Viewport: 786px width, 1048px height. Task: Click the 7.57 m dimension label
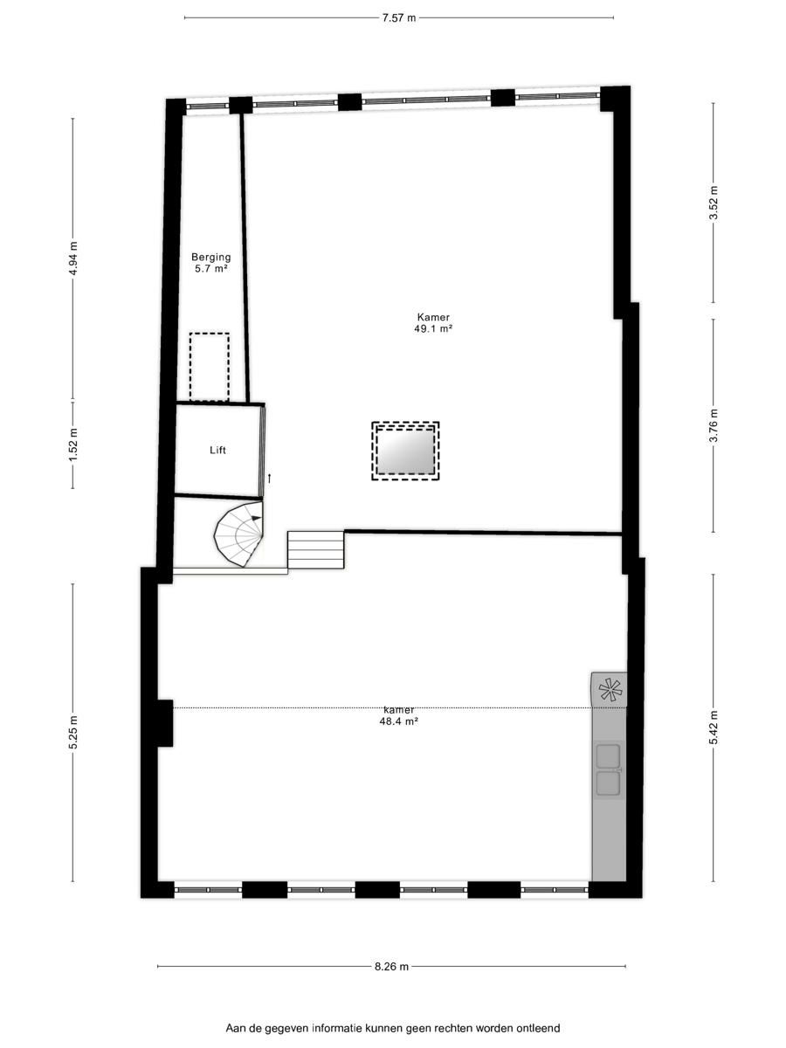(398, 18)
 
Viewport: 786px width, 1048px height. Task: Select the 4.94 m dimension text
(73, 259)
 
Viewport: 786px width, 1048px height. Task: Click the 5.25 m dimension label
(73, 733)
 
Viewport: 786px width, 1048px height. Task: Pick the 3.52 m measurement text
(714, 203)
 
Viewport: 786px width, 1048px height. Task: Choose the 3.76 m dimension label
(714, 426)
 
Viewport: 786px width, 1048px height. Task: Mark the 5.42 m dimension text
(714, 728)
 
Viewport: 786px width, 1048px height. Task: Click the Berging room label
(211, 258)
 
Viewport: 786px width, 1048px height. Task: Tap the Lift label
(217, 451)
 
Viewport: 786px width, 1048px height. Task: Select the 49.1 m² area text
(433, 328)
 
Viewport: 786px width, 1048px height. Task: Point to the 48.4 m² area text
(398, 721)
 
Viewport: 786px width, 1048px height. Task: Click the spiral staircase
(238, 534)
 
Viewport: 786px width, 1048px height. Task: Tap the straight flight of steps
(315, 550)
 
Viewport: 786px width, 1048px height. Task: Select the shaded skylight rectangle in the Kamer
(405, 451)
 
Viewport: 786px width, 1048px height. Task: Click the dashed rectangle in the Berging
(209, 367)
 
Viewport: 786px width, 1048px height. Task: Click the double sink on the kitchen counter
(609, 770)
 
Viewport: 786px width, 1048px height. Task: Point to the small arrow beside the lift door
(270, 479)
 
